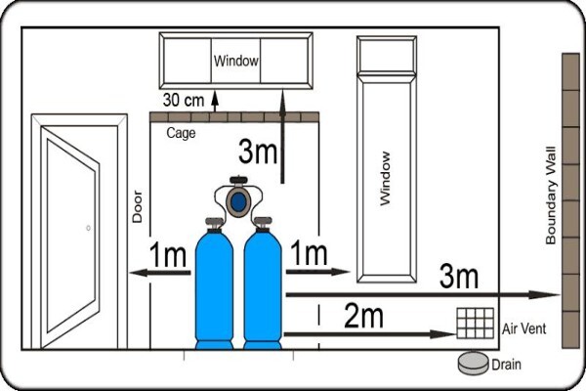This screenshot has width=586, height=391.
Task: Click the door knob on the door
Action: click(x=88, y=228)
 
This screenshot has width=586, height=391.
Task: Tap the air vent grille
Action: click(x=476, y=324)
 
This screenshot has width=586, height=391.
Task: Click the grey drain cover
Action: click(x=474, y=363)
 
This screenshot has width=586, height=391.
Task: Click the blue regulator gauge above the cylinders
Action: click(x=238, y=202)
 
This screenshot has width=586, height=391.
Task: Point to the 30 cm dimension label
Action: click(x=184, y=101)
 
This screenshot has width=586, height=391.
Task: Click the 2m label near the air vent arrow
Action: click(x=363, y=316)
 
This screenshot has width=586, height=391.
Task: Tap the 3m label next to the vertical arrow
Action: click(x=258, y=152)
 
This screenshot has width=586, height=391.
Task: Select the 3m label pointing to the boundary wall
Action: click(x=459, y=276)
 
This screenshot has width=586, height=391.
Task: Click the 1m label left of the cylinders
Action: click(x=168, y=254)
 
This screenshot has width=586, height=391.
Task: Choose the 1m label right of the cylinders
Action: click(x=309, y=253)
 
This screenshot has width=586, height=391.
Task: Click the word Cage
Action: click(x=181, y=133)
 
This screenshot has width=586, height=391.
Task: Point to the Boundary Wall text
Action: click(x=551, y=195)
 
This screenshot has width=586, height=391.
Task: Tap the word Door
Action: click(x=138, y=206)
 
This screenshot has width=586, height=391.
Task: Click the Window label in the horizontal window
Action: click(x=235, y=61)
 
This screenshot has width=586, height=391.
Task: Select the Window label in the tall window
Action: click(x=385, y=179)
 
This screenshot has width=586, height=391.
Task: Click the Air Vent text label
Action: click(x=523, y=328)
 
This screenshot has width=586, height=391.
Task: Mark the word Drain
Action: click(x=506, y=365)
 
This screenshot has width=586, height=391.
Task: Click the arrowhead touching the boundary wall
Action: click(x=545, y=295)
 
